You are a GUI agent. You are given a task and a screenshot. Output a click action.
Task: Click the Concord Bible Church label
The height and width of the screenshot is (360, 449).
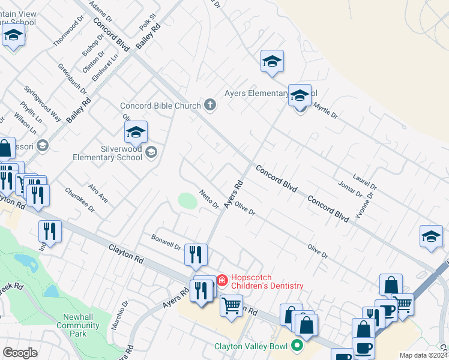click(x=160, y=106)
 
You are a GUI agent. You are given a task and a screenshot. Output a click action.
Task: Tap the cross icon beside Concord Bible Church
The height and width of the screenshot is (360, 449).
click(x=209, y=106)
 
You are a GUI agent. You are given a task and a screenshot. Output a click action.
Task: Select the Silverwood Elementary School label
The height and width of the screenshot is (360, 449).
click(x=107, y=153)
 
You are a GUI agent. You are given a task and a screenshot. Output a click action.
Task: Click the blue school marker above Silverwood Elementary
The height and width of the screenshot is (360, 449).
click(x=136, y=131)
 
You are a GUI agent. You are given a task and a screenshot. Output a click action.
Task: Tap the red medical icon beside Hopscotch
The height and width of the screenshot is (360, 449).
click(x=221, y=279)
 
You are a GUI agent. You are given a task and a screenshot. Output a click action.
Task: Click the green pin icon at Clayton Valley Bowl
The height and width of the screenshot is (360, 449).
click(x=296, y=346)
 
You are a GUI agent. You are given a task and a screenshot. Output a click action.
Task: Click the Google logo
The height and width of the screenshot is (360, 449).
click(x=20, y=353)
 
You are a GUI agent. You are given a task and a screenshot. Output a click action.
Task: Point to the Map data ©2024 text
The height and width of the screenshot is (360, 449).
click(x=423, y=355)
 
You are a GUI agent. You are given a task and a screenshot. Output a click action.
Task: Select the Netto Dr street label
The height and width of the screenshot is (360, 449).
click(x=209, y=200)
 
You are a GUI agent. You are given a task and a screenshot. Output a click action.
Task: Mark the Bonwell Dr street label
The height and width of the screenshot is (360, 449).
click(x=166, y=242)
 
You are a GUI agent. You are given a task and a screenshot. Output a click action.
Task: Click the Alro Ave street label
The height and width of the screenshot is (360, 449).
click(x=98, y=194)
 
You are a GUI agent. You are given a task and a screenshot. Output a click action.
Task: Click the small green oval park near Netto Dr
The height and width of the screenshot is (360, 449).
click(x=188, y=200)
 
